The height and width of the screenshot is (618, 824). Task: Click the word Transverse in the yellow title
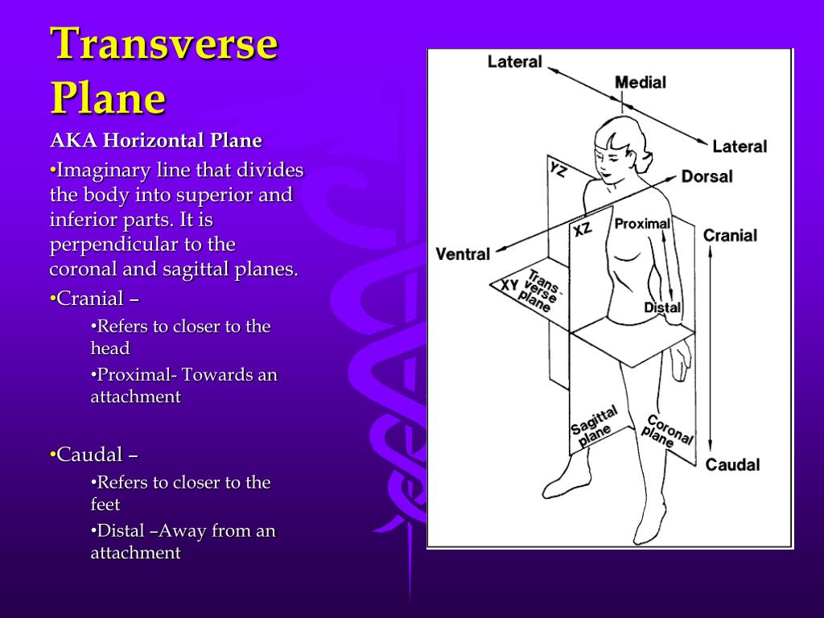point(164,44)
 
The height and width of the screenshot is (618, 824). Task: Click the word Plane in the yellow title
point(108,99)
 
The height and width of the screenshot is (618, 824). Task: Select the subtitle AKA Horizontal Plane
point(156,141)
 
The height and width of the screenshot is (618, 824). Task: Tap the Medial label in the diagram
point(641,82)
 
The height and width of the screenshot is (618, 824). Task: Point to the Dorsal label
point(707,175)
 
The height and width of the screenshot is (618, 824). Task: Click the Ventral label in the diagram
point(463,254)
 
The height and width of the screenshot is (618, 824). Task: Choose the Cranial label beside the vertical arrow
point(730,236)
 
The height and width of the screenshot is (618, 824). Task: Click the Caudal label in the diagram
point(732,464)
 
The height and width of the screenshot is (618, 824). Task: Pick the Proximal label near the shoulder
point(642,224)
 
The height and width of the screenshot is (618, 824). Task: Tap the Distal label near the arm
point(662,307)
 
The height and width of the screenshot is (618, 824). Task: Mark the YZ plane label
point(558,170)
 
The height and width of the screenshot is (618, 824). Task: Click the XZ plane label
point(583,229)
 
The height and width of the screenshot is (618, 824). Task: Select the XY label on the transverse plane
point(509,285)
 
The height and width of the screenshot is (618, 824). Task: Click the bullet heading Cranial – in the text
point(94,299)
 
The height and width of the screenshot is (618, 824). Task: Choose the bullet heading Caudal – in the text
point(93,455)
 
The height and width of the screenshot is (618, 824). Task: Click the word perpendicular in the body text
point(102,245)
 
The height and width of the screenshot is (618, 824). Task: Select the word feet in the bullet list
point(105,505)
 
